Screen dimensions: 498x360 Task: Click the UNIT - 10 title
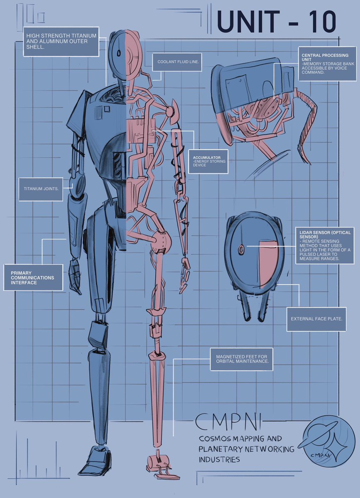point(276,22)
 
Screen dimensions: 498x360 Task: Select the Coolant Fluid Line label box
point(178,62)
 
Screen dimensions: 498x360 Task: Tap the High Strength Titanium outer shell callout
point(61,41)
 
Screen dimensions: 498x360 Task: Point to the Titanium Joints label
point(41,188)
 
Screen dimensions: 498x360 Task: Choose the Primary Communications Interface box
point(33,277)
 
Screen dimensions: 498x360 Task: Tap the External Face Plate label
point(316,319)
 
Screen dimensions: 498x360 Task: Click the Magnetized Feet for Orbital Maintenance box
point(242,359)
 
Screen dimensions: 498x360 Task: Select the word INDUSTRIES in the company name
point(219,460)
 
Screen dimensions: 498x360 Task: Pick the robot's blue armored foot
point(95,461)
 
